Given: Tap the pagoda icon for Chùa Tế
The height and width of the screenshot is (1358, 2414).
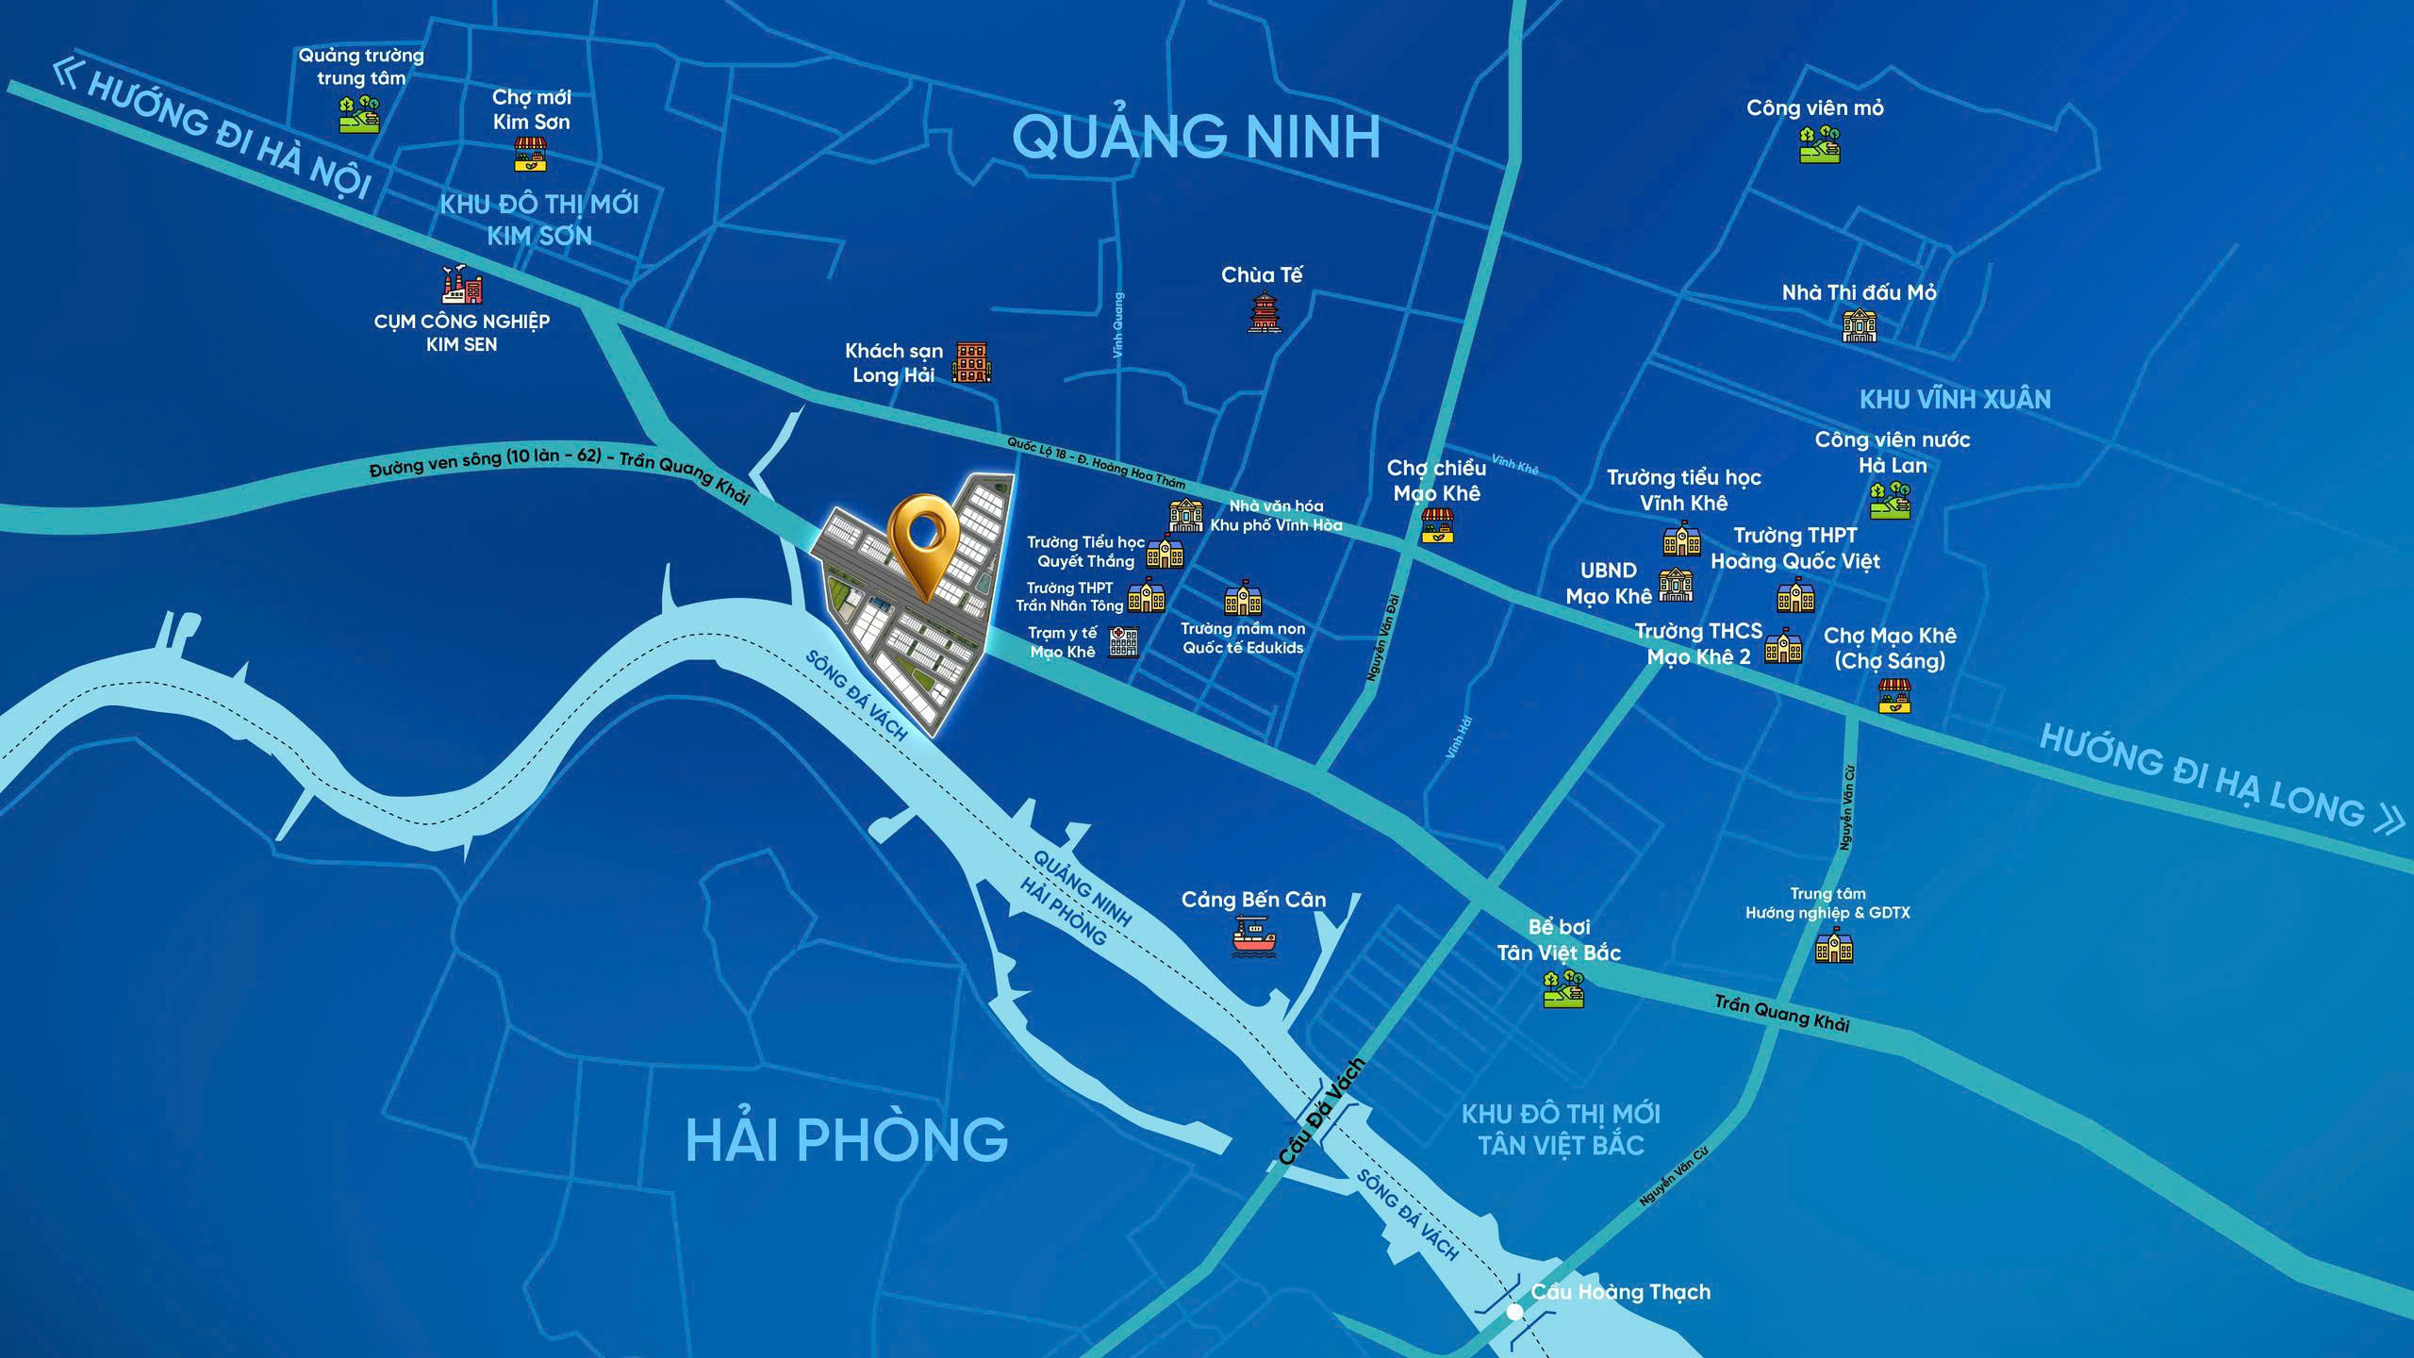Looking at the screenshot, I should [1263, 312].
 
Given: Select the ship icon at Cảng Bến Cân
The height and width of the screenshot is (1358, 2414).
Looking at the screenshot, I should [1254, 938].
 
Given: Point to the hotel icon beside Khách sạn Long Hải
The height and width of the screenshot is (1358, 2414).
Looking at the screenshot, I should [971, 363].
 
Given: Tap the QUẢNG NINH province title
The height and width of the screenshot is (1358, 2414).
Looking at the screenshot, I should [1196, 137].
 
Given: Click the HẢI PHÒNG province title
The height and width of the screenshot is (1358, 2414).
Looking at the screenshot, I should [846, 1139].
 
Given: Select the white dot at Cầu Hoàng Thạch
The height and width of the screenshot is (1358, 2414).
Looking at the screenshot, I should [1514, 1312].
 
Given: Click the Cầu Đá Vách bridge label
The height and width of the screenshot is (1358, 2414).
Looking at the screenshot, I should [1321, 1112].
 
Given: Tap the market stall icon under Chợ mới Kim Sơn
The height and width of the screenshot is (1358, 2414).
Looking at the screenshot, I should [531, 155].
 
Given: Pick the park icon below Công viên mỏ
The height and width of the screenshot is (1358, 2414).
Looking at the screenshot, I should [1819, 144].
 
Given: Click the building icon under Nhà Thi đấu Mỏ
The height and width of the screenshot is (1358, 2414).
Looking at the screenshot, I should [1859, 326].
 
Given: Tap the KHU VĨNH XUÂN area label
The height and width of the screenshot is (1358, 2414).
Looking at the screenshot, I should [1955, 399].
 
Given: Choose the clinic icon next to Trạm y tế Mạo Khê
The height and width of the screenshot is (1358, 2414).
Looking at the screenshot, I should [1123, 642].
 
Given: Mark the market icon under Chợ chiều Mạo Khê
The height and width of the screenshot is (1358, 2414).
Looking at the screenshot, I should [1437, 526].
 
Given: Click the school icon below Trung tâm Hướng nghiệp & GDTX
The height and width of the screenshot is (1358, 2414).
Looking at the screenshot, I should [1834, 946].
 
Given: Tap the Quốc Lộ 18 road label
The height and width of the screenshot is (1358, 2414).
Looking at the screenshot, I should [1094, 462].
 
